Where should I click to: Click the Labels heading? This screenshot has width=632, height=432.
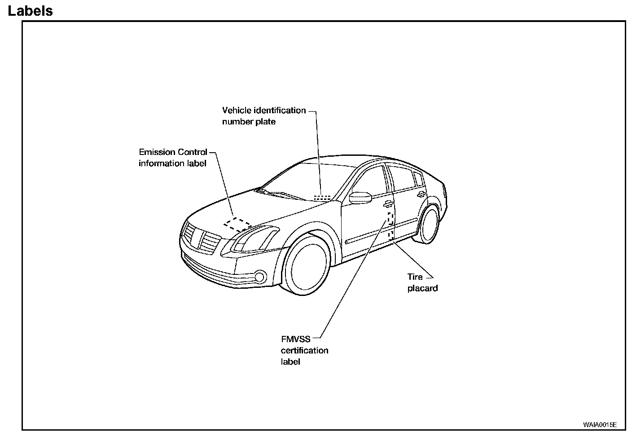[x=31, y=11]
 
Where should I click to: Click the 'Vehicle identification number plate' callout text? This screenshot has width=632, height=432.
[x=263, y=116]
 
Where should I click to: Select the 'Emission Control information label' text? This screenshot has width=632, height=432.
[x=173, y=158]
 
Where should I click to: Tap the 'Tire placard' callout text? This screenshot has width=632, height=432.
[x=422, y=282]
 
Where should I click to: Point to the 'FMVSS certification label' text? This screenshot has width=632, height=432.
[x=304, y=350]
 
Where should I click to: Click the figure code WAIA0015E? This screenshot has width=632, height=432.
[x=600, y=424]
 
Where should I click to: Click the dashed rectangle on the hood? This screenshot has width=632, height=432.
[x=238, y=224]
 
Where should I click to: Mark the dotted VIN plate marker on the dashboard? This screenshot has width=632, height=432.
[x=322, y=197]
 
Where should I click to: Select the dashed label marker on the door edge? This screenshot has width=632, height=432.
[x=391, y=225]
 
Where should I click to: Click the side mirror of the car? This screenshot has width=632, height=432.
[x=360, y=198]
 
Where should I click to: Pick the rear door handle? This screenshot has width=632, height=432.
[x=421, y=194]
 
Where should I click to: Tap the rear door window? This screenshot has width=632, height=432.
[x=403, y=178]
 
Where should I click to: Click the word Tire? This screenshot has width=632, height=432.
[x=415, y=277]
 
